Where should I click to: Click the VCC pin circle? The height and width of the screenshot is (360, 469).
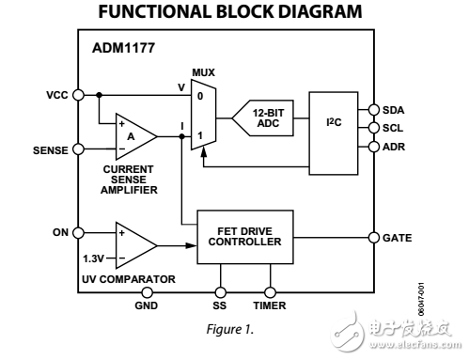(x=78, y=95)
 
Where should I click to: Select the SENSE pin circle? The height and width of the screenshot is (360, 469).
(x=78, y=148)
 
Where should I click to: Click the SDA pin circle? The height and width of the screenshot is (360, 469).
(x=373, y=108)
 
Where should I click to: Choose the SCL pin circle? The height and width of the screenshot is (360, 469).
(x=373, y=128)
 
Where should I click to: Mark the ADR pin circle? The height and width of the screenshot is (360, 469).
(x=373, y=147)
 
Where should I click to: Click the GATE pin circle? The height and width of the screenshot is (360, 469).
(x=373, y=237)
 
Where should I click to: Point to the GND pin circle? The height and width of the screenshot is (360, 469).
(x=147, y=292)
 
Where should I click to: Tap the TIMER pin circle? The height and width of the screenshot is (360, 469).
(x=270, y=292)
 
